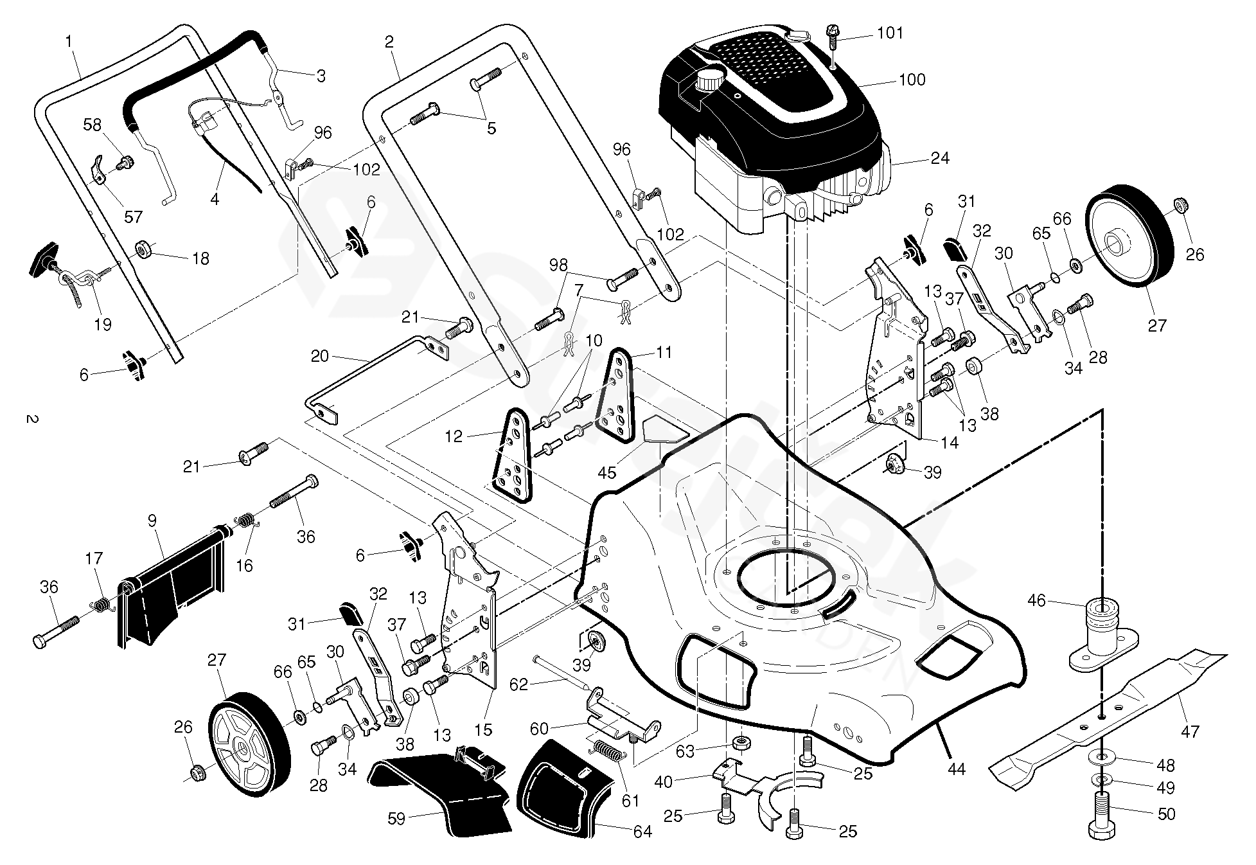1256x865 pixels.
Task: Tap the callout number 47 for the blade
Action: (1190, 731)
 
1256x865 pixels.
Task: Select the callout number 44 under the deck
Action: (957, 769)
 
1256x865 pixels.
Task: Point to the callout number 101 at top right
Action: (890, 32)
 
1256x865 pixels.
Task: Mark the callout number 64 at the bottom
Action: (642, 832)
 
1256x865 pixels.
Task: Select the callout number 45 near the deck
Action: (606, 473)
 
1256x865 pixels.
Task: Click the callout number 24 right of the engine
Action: (939, 158)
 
